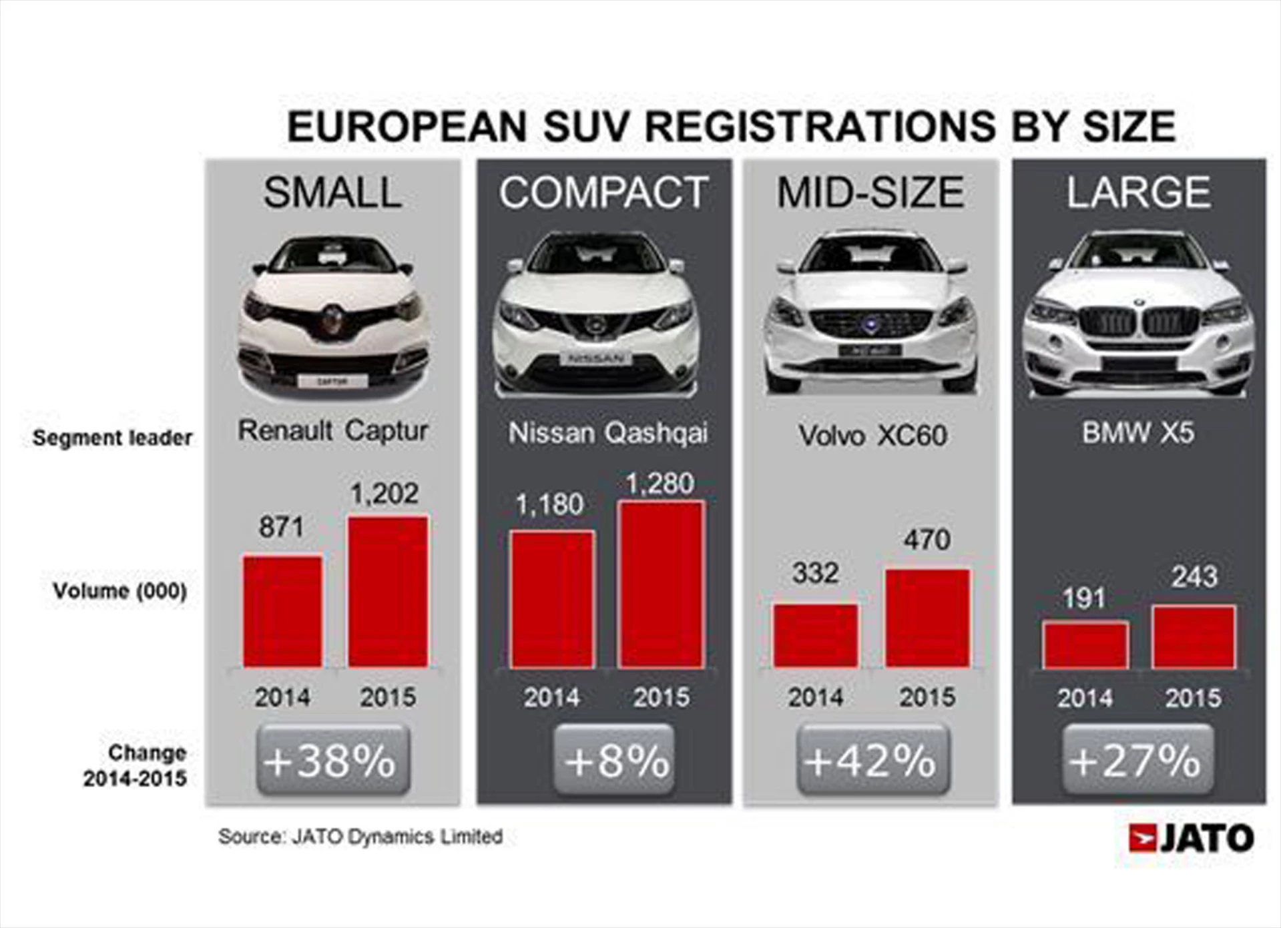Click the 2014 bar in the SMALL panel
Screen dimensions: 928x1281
coord(282,610)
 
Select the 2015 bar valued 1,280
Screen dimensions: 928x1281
coord(661,584)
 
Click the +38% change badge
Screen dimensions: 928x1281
coord(332,761)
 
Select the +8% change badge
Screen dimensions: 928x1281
coord(614,761)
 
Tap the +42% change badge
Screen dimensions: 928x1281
coord(872,761)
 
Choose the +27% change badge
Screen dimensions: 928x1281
coord(1137,761)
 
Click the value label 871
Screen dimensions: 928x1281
coord(281,527)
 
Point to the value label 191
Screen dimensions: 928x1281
coord(1083,598)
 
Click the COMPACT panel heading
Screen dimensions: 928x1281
coord(603,193)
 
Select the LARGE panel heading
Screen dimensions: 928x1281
coord(1138,193)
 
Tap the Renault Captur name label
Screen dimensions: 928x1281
coord(332,431)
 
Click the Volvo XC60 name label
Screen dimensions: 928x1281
coord(872,436)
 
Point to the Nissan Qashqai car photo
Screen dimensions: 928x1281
coord(596,314)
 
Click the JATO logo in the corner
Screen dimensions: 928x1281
coord(1191,839)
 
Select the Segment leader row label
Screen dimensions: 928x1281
coord(112,438)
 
